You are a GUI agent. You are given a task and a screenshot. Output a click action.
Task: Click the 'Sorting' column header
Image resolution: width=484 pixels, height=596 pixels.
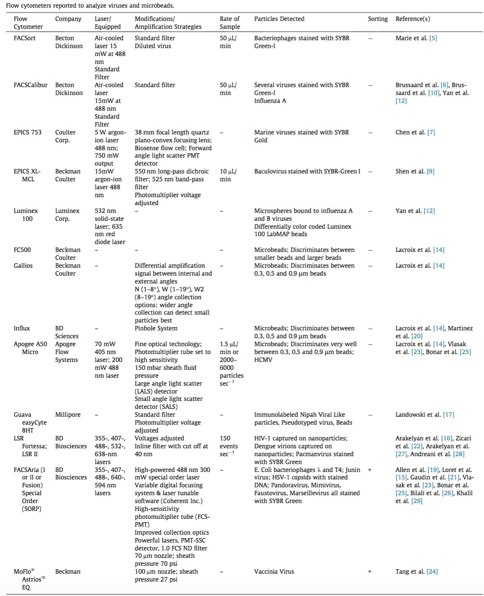377,19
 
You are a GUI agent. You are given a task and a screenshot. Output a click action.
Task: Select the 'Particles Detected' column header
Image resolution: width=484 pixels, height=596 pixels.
279,19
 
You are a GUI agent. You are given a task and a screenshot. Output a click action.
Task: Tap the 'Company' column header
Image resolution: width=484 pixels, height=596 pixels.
68,19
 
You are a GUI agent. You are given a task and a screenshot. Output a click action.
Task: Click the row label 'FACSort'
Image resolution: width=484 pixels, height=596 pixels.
25,38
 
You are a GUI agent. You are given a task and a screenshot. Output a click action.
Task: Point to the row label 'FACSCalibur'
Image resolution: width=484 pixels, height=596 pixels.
30,85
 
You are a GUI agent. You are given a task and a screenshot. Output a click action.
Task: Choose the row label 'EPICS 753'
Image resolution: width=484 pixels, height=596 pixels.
28,132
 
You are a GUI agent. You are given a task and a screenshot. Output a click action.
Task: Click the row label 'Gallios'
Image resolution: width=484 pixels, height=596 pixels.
23,266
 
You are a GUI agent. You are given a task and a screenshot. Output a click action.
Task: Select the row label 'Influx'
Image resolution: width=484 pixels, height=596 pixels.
22,328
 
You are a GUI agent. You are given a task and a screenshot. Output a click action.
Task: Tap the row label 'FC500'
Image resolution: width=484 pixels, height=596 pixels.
22,250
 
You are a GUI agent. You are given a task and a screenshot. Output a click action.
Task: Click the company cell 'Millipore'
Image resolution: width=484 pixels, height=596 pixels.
68,415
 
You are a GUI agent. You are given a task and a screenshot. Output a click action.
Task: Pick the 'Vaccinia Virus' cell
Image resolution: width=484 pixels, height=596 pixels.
274,571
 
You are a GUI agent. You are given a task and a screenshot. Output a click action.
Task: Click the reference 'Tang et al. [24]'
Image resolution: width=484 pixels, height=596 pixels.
416,571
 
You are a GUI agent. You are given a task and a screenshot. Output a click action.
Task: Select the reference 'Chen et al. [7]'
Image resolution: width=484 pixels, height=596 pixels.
415,132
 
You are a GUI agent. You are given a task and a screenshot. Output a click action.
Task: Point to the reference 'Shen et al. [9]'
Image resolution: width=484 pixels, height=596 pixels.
415,171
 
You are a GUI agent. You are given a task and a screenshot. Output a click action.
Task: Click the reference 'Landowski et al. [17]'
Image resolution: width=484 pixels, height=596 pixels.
425,415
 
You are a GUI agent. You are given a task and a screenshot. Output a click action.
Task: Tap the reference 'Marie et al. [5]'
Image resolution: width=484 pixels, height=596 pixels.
416,38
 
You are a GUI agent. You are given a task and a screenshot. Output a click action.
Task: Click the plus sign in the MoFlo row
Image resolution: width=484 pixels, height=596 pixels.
370,571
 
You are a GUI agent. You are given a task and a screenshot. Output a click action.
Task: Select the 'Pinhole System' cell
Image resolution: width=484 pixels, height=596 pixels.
156,328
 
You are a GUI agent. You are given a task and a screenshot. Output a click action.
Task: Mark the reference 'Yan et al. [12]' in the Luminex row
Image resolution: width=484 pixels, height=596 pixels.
415,211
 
